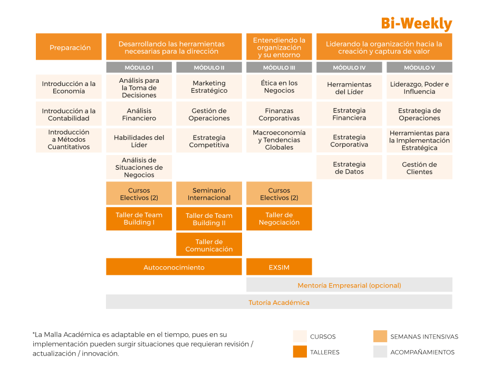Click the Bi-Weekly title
point(417,24)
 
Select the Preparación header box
point(70,47)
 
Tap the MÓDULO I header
point(139,68)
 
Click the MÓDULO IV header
point(349,68)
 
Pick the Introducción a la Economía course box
point(69,87)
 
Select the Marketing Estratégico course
point(209,87)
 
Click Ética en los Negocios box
point(279,87)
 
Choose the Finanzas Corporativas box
point(279,114)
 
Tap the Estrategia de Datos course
point(349,168)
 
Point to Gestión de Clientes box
point(419,168)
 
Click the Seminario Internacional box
point(209,194)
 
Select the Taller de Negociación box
point(279,218)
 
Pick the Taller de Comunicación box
point(209,245)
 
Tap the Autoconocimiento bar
point(173,267)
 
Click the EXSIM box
point(279,267)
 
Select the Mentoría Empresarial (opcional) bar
point(349,285)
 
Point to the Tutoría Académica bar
point(279,302)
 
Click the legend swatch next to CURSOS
point(300,336)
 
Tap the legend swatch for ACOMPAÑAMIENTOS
point(380,352)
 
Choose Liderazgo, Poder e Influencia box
point(419,87)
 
